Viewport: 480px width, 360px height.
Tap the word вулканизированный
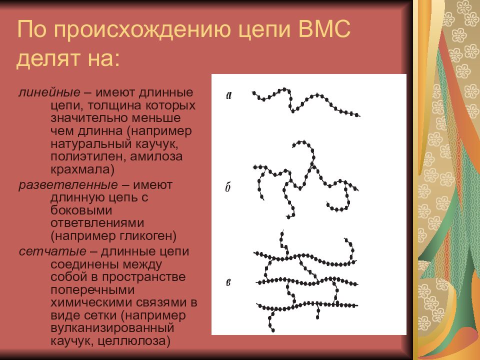coord(111,328)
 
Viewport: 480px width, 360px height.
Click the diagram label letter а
coord(229,95)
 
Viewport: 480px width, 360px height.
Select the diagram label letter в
coord(228,283)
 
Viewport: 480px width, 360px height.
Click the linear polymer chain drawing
coord(305,102)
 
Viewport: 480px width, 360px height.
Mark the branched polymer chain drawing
coord(305,180)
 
